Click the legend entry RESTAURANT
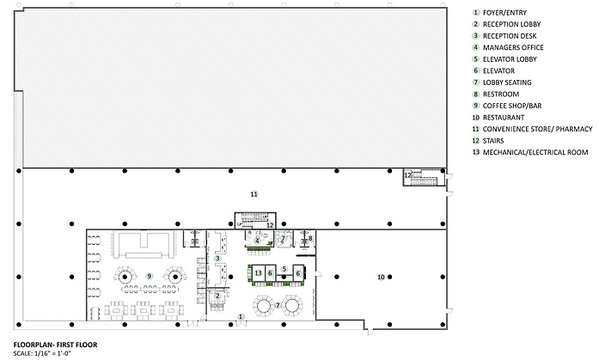503,118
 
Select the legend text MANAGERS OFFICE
513,48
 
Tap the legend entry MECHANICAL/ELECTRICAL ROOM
535,152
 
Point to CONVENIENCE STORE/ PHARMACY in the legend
537,129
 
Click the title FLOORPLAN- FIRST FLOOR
55,345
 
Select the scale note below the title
42,353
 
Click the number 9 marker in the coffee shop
150,276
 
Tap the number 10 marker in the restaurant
381,278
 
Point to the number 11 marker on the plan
254,194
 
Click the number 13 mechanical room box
259,273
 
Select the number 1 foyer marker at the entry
241,316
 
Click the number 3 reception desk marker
217,259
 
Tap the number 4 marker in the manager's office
257,241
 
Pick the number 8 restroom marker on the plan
310,239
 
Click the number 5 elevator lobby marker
284,269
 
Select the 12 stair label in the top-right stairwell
408,175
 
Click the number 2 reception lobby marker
217,296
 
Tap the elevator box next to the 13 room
270,273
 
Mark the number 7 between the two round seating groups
278,305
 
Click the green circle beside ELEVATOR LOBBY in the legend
475,59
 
